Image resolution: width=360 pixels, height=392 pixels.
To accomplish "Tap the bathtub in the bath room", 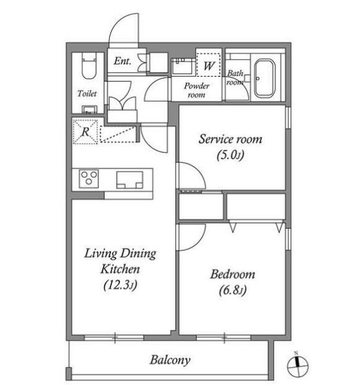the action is pyautogui.click(x=264, y=78).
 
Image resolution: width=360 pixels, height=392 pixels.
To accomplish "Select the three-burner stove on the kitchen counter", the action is pyautogui.click(x=89, y=179).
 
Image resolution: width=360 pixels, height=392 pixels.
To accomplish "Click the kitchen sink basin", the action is pyautogui.click(x=129, y=180).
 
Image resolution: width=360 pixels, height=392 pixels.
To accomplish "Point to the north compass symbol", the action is pyautogui.click(x=297, y=366).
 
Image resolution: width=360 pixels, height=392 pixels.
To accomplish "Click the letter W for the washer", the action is pyautogui.click(x=209, y=66).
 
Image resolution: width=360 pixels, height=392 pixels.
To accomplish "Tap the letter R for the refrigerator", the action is pyautogui.click(x=86, y=132).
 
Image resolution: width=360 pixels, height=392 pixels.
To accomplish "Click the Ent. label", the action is pyautogui.click(x=122, y=61).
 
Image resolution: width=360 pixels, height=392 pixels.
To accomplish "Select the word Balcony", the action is pyautogui.click(x=170, y=360).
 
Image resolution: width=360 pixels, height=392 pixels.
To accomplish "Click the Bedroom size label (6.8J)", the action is pyautogui.click(x=232, y=290).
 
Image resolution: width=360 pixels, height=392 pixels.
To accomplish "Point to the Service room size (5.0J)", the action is pyautogui.click(x=231, y=155).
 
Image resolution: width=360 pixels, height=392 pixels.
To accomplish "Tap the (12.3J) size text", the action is pyautogui.click(x=121, y=285).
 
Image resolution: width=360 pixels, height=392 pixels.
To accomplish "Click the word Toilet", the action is pyautogui.click(x=87, y=94).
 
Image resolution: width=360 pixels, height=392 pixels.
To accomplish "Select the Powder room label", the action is pyautogui.click(x=196, y=91).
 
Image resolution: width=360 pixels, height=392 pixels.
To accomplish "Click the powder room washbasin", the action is pyautogui.click(x=182, y=66).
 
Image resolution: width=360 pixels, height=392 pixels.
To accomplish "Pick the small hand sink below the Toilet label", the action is pyautogui.click(x=89, y=110).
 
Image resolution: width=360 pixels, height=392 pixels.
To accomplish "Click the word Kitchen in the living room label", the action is pyautogui.click(x=120, y=269).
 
